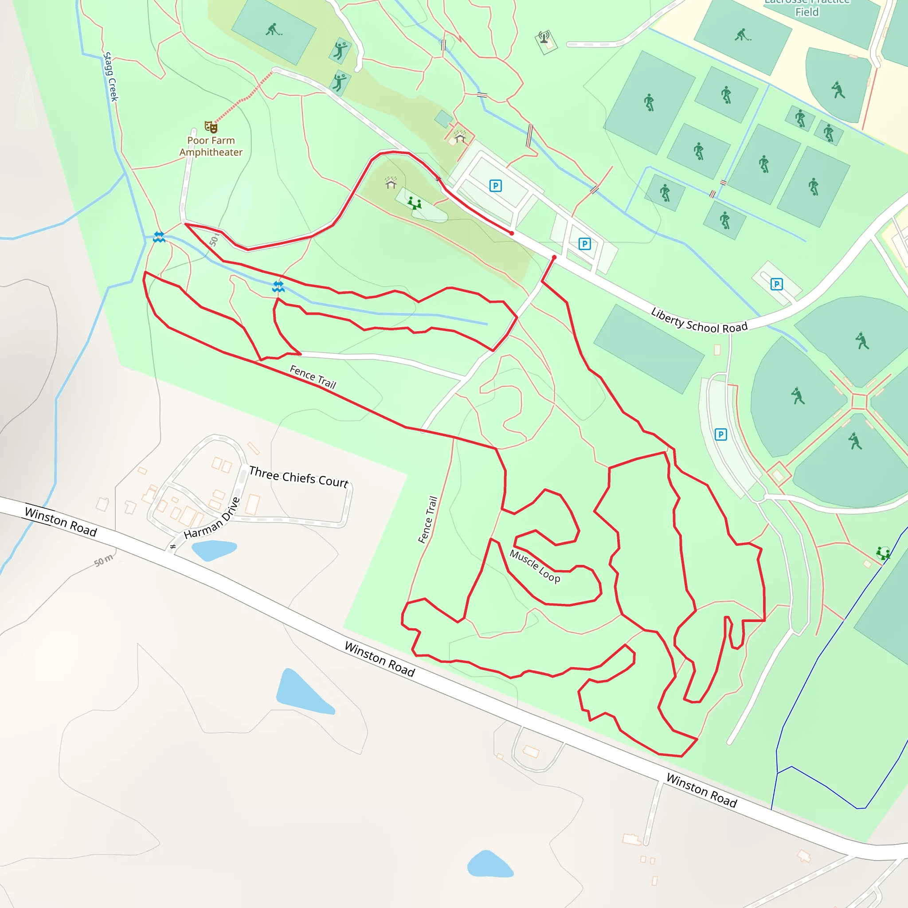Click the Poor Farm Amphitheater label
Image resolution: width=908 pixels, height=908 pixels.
211,146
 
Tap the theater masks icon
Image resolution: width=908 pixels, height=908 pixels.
211,126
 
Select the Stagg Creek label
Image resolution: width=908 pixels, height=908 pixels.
110,77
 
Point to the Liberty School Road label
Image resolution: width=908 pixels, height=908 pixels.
699,321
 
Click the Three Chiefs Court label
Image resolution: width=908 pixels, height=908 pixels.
299,477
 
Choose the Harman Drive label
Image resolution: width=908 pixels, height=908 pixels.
212,518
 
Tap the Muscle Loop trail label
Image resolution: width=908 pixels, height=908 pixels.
535,566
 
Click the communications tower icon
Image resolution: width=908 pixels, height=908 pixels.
544,38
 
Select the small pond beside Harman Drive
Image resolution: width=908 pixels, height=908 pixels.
214,549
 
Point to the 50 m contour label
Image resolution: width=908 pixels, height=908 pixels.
103,560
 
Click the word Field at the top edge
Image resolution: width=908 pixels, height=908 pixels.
807,12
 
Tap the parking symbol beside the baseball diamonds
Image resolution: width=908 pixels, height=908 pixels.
720,434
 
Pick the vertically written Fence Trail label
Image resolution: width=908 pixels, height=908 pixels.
428,519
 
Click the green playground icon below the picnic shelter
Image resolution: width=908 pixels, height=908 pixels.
414,203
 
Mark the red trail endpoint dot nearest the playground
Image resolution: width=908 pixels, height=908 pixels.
512,233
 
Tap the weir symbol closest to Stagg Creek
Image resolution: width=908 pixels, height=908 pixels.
159,237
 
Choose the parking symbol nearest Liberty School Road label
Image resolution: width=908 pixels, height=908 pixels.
776,284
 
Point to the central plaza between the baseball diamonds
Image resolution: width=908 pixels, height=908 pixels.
859,401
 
